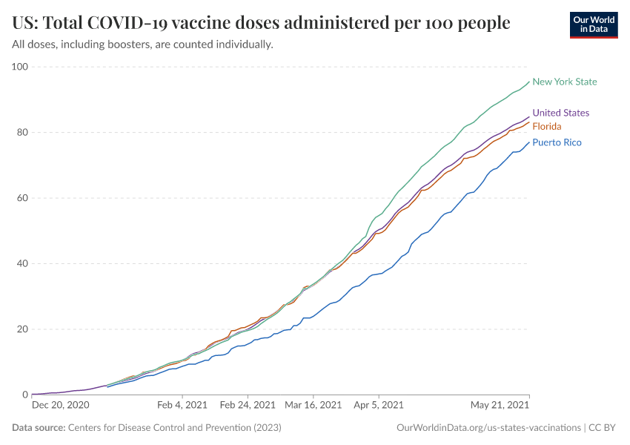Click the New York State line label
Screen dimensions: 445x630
pos(565,82)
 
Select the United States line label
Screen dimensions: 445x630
pos(560,113)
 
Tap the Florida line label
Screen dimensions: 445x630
pos(546,127)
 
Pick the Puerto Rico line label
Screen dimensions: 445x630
pos(557,142)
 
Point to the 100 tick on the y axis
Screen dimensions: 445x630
pos(20,67)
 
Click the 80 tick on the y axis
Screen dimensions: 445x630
pos(22,133)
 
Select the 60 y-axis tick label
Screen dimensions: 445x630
pos(22,198)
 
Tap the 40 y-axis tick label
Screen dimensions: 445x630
pos(22,264)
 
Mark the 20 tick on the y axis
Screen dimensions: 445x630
pos(22,329)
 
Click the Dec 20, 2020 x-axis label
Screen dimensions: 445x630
pos(61,406)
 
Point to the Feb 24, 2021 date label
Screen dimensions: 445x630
pos(248,406)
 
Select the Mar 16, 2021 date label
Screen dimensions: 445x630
pos(314,406)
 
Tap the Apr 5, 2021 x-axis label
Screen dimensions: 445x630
pos(378,406)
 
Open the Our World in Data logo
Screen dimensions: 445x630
pos(593,24)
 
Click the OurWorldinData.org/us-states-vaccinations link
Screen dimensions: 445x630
pos(488,428)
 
